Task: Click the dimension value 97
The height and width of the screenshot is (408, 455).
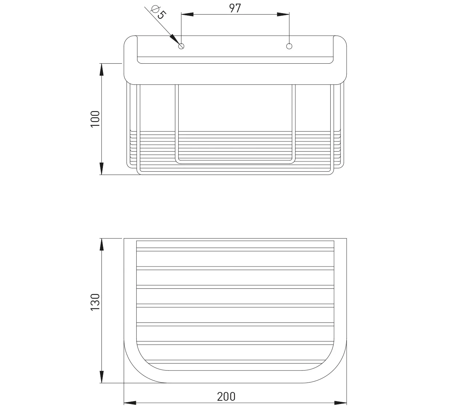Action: coord(235,8)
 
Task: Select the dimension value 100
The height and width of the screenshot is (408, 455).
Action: coord(95,119)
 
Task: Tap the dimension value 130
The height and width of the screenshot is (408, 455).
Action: coord(95,302)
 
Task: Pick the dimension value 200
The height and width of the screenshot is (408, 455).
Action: coord(226,397)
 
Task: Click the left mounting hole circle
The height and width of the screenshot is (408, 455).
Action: coord(181,46)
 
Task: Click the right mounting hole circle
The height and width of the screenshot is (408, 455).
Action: coord(289,46)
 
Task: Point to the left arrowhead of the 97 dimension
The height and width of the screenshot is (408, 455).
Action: coord(187,15)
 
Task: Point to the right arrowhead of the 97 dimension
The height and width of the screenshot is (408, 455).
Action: coord(283,15)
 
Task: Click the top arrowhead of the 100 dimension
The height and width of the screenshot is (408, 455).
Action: coord(101,69)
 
